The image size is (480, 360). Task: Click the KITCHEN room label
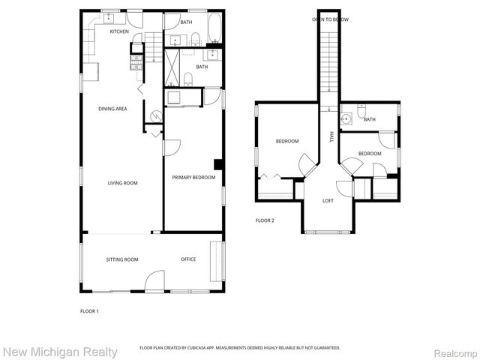(x=119, y=31)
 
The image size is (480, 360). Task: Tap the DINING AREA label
(x=112, y=109)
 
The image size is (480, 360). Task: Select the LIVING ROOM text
(x=121, y=182)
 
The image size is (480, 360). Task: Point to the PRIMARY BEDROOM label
(x=193, y=178)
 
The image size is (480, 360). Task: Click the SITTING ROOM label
(x=121, y=259)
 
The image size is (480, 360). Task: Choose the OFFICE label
(x=188, y=259)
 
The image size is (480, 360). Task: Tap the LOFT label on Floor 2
(x=328, y=200)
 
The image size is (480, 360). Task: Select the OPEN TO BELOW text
(x=331, y=19)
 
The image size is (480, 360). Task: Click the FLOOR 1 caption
(x=89, y=310)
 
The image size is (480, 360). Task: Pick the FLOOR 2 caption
(x=265, y=220)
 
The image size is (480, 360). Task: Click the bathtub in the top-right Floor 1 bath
(x=214, y=27)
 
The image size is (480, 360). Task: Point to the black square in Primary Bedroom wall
(x=218, y=164)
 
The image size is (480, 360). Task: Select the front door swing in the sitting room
(x=156, y=281)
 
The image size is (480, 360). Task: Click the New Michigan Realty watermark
(x=60, y=351)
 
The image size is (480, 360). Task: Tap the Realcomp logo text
(x=452, y=351)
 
